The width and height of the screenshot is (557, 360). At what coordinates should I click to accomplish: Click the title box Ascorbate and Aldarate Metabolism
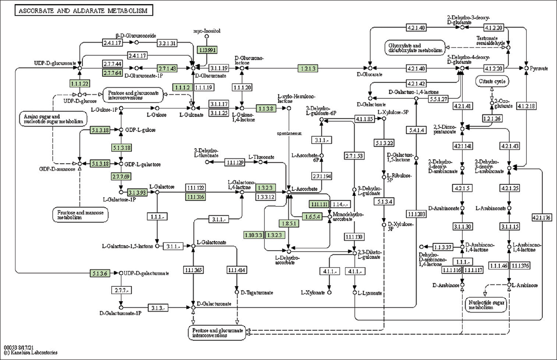pos(83,11)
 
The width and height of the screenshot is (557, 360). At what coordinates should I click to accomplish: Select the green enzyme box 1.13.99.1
pos(207,49)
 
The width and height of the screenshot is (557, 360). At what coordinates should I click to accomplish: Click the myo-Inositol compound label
pos(207,31)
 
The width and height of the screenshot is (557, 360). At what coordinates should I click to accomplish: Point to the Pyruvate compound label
pos(539,69)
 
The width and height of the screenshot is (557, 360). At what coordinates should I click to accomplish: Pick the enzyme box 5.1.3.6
pos(100,274)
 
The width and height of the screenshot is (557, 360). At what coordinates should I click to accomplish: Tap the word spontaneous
pos(289,134)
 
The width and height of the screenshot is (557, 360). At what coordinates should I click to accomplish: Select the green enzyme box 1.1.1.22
pos(79,83)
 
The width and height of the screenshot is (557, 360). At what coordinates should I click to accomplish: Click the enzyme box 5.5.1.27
pos(438,98)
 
